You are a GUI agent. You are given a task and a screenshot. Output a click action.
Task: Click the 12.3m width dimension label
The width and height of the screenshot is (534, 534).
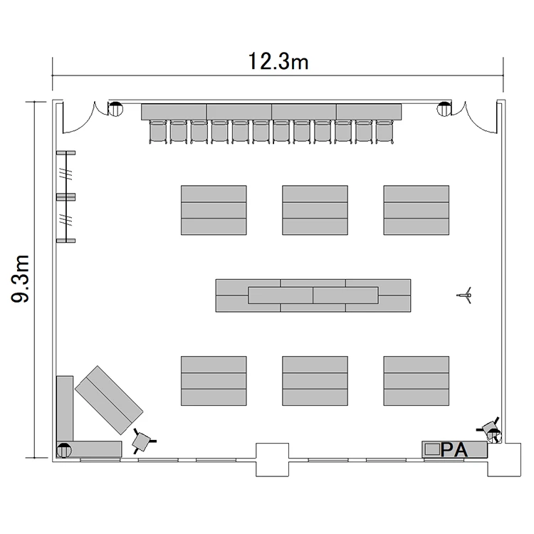pyautogui.click(x=278, y=62)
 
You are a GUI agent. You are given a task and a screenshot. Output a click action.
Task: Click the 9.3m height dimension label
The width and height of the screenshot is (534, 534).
pyautogui.click(x=21, y=278)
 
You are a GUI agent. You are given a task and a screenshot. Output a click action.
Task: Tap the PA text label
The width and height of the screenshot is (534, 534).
pyautogui.click(x=454, y=449)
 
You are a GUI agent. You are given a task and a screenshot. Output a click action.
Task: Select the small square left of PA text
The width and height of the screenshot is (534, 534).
pyautogui.click(x=432, y=449)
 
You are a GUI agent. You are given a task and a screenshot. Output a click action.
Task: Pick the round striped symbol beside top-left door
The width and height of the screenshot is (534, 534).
pyautogui.click(x=115, y=109)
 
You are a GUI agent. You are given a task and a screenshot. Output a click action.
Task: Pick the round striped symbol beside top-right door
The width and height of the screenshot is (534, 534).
pyautogui.click(x=444, y=109)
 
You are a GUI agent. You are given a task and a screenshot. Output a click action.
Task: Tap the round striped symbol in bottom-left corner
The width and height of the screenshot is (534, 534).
pyautogui.click(x=64, y=450)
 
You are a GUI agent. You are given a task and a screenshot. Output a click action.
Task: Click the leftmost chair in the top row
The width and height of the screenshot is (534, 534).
pyautogui.click(x=158, y=132)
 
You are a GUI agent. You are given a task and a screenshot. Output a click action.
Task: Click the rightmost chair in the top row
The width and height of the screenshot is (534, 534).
pyautogui.click(x=384, y=132)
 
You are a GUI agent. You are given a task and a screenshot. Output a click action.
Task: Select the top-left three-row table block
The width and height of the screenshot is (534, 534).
pyautogui.click(x=214, y=210)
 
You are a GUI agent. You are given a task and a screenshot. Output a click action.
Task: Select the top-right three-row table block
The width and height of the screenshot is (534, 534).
pyautogui.click(x=417, y=210)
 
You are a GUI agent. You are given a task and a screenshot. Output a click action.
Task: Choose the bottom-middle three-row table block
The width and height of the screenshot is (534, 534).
pyautogui.click(x=315, y=381)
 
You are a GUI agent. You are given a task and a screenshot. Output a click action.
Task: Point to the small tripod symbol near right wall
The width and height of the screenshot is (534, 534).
pyautogui.click(x=464, y=295)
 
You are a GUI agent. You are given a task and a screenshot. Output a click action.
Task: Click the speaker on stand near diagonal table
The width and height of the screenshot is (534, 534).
pyautogui.click(x=142, y=441)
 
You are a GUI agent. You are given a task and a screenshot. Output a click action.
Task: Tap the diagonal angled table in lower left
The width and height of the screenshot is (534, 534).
pyautogui.click(x=109, y=400)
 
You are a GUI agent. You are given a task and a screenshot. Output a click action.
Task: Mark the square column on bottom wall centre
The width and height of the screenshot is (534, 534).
pyautogui.click(x=272, y=460)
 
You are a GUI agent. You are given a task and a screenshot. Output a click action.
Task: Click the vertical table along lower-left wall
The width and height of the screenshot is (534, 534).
pyautogui.click(x=65, y=409)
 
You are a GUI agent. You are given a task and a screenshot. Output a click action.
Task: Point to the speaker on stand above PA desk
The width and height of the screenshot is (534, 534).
pyautogui.click(x=491, y=430)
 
